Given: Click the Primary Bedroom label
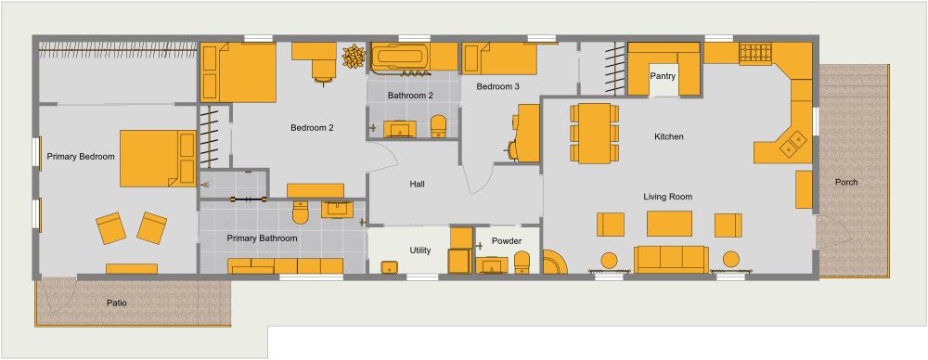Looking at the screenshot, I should (81, 157).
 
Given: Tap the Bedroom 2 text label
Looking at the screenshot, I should (312, 128).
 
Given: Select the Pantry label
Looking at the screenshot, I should (663, 76).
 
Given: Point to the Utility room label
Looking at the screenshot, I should (419, 251).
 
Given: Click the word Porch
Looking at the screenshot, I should (846, 182).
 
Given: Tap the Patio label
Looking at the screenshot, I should (116, 303).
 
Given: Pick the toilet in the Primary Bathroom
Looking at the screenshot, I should (300, 214).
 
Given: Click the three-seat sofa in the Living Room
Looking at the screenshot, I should (671, 258).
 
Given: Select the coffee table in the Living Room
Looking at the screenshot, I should (669, 223).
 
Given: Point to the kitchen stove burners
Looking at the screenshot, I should (753, 55).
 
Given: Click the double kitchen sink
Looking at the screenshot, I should (795, 142).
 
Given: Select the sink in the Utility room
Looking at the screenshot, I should (390, 267).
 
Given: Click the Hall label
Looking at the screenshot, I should (417, 185).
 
